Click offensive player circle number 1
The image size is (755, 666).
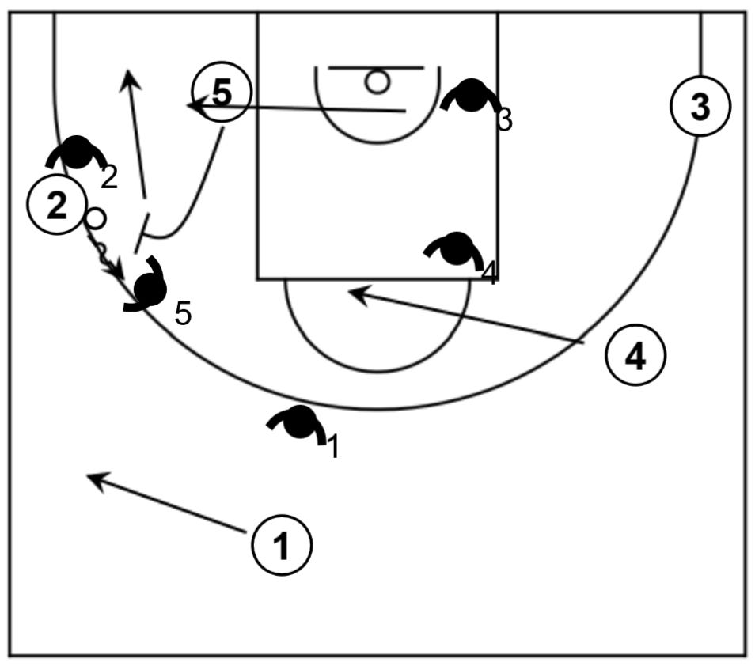coord(282,545)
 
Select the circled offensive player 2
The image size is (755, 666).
coord(56,205)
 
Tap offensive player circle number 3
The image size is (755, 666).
coord(700,107)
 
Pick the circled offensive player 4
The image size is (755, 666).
coord(635,357)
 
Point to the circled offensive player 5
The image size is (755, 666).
coord(222,93)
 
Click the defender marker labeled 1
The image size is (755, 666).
coord(299,423)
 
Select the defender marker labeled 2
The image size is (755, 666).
coord(78,152)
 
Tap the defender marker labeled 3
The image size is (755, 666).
coord(472,96)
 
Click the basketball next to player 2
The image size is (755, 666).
coord(95,218)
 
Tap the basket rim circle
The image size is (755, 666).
coord(377,81)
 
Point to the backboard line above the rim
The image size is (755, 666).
coord(377,68)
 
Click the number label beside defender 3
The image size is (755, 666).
coord(505,120)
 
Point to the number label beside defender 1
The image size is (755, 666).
coord(333,447)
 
